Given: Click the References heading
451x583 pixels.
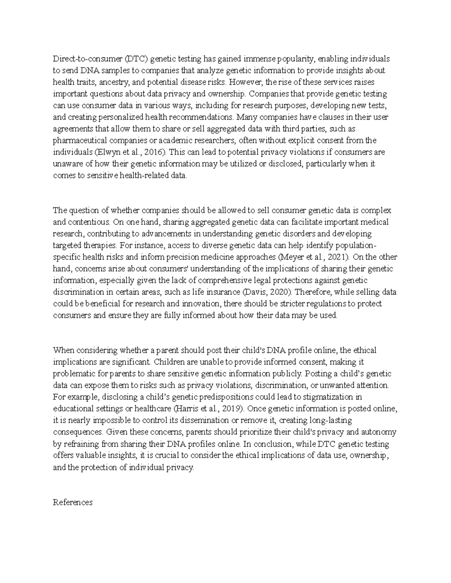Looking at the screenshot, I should point(73,502).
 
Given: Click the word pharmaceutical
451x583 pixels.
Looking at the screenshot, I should point(77,140).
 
